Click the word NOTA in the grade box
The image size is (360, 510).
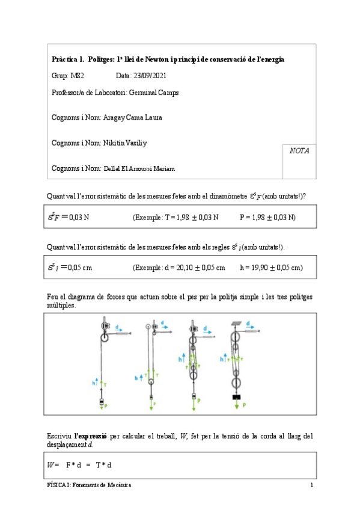point(299,151)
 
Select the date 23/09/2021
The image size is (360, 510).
point(150,76)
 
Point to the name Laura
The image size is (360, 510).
point(153,118)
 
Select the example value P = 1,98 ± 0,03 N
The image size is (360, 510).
point(267,217)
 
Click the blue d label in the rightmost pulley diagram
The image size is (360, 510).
point(248,328)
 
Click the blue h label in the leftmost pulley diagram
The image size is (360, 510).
point(96,382)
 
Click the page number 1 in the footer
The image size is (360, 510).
point(311,485)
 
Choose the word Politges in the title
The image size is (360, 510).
point(101,60)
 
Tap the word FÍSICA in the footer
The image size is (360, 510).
point(58,485)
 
